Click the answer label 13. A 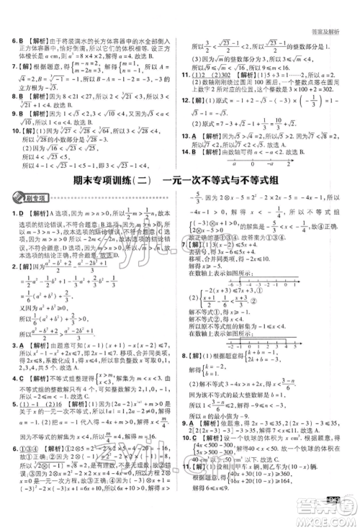pyautogui.click(x=189, y=135)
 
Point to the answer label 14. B pyautogui.click(x=189, y=153)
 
